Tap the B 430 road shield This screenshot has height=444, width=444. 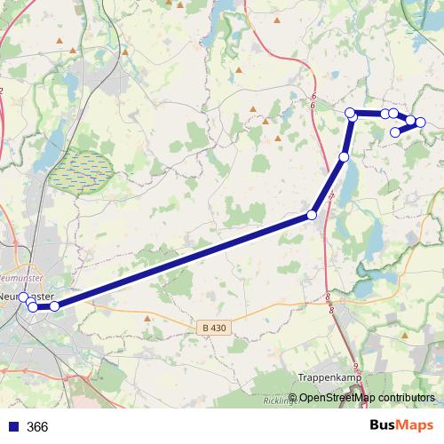tap(214, 328)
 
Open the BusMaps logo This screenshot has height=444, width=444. tap(400, 424)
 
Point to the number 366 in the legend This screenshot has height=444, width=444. tap(37, 427)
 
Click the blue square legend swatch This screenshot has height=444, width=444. tap(13, 427)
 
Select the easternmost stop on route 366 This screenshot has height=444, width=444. tap(421, 122)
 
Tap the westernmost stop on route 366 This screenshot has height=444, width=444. tap(24, 298)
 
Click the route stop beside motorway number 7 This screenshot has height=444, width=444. tap(312, 215)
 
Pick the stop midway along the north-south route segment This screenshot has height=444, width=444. tap(345, 157)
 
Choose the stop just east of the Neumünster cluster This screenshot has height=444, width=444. tap(54, 305)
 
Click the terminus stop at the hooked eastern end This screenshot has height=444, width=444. tap(396, 132)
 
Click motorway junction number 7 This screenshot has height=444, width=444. tap(331, 194)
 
